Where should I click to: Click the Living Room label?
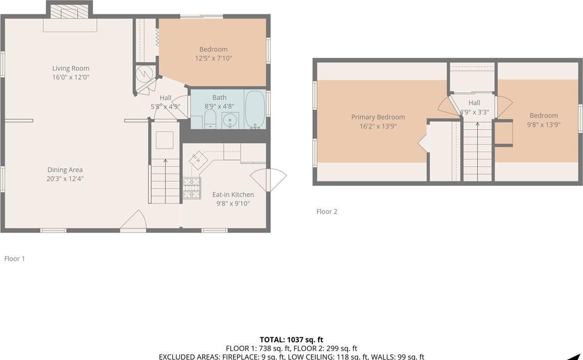71,68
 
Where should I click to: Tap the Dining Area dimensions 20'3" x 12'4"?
65,178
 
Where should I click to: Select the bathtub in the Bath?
255,109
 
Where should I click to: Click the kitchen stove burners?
191,188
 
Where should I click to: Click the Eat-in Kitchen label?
233,194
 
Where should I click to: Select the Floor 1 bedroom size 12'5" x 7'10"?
213,58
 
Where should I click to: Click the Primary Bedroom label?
378,117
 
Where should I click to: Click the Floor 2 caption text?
326,212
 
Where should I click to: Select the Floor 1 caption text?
15,259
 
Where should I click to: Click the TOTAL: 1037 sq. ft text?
291,340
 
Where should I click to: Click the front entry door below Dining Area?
133,222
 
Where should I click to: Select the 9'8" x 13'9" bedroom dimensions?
544,124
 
